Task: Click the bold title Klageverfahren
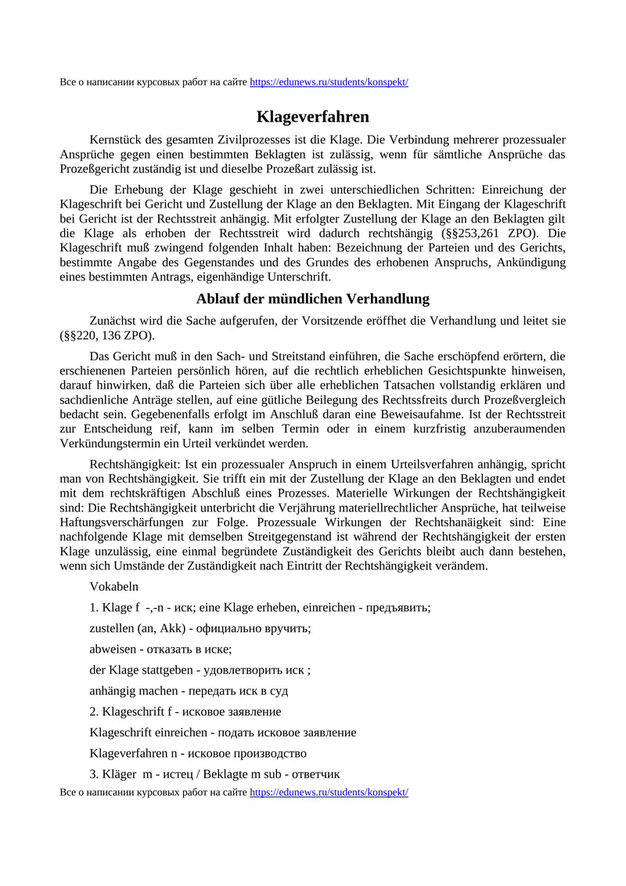coord(313,117)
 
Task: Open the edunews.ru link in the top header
coord(329,82)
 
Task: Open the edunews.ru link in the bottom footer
coord(329,792)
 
